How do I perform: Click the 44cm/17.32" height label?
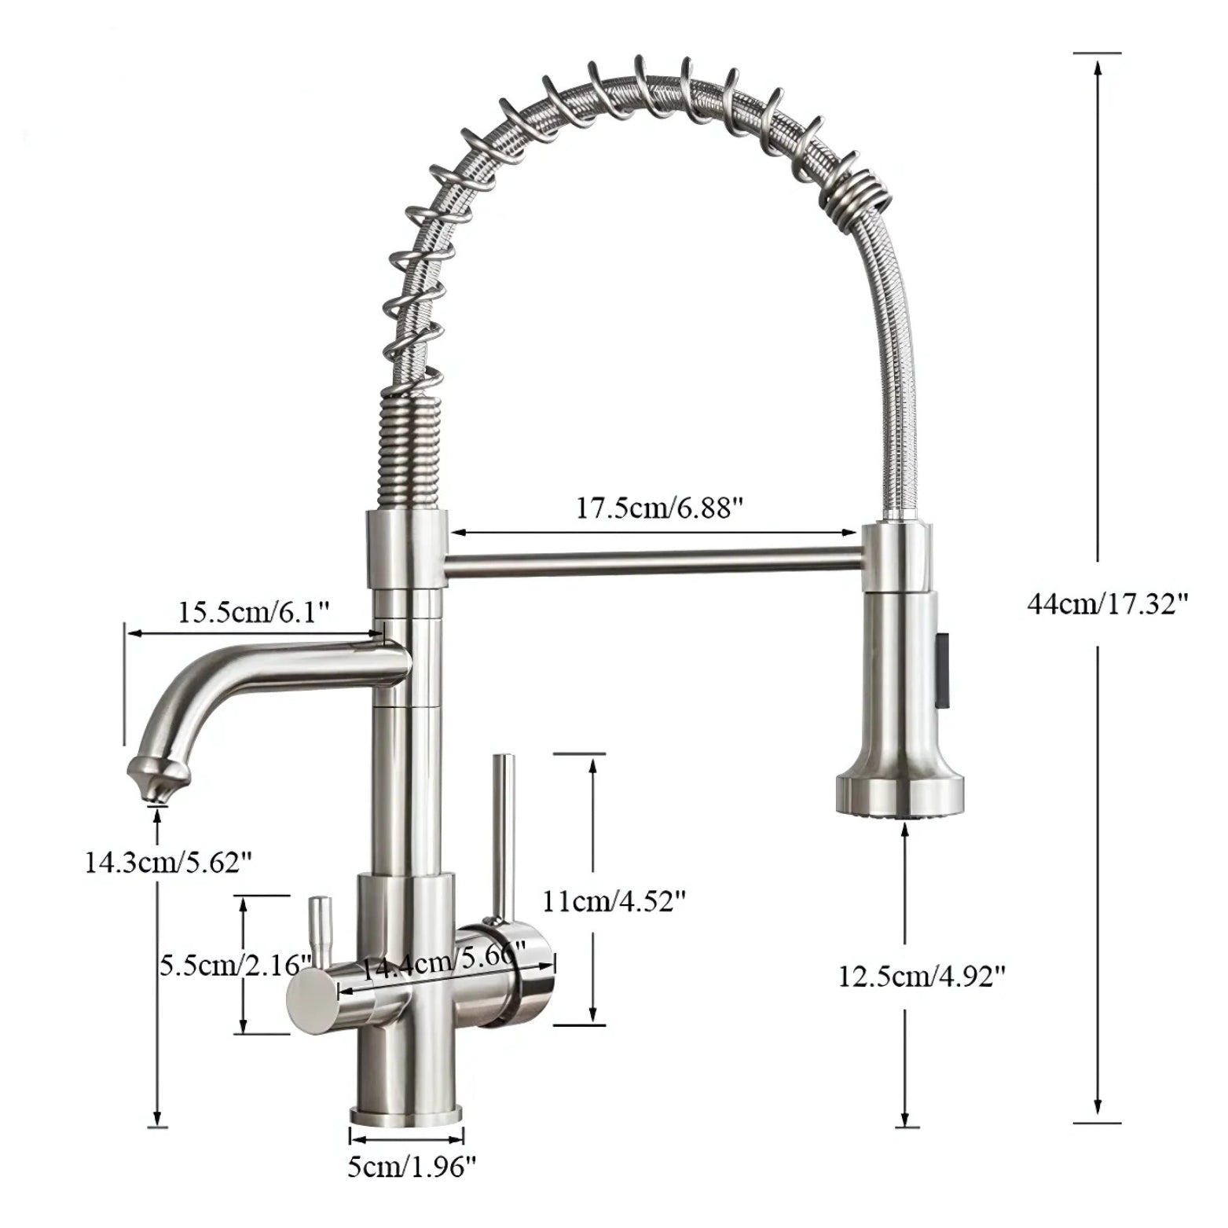point(1107,603)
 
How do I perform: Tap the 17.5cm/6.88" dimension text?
point(659,508)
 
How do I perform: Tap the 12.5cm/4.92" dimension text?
point(922,977)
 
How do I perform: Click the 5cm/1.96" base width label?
point(412,1167)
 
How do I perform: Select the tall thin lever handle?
point(501,833)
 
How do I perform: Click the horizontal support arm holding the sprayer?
point(652,563)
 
